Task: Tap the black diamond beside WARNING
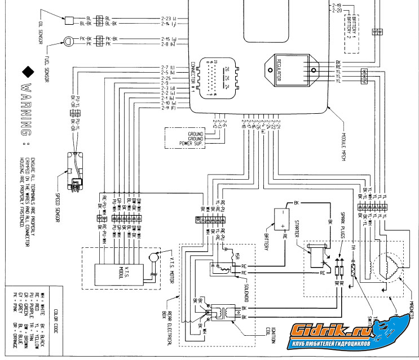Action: tap(27, 72)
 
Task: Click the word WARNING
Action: tap(27, 110)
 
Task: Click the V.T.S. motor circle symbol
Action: tap(152, 258)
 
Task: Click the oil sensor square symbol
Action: tap(69, 21)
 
